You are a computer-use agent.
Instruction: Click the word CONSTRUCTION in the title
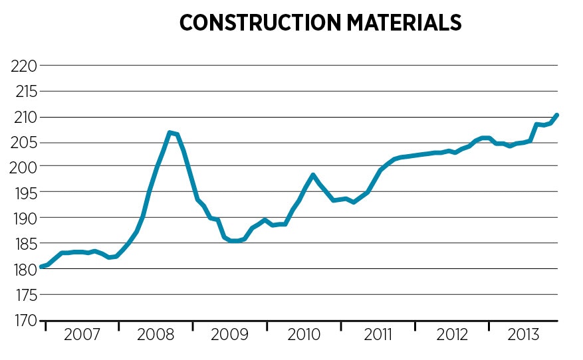(x=259, y=23)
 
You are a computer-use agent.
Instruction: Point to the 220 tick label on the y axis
(x=23, y=66)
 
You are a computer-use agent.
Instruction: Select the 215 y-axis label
(x=23, y=91)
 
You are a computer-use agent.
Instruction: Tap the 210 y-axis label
(x=23, y=117)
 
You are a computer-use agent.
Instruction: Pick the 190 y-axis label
(x=23, y=218)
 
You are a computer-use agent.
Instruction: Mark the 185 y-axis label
(x=23, y=244)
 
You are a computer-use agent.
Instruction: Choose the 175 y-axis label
(x=23, y=294)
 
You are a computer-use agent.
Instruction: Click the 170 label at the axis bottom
(x=23, y=320)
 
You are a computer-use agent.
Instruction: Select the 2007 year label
(x=82, y=335)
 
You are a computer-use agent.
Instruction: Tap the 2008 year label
(x=156, y=335)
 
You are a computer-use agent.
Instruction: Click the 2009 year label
(x=229, y=335)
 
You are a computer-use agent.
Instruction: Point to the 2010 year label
(x=304, y=335)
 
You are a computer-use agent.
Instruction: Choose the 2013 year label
(x=524, y=335)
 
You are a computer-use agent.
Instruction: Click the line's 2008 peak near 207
(x=170, y=133)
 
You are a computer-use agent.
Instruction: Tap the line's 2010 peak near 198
(x=312, y=175)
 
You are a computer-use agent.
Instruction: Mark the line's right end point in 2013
(x=557, y=115)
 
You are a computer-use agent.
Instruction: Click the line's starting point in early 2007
(x=41, y=266)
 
